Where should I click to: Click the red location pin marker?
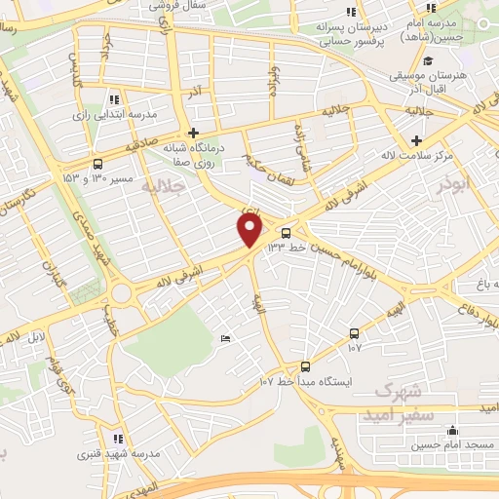tap(250, 230)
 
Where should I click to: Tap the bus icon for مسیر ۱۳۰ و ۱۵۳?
tap(97, 165)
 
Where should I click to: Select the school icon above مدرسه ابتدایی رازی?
tap(114, 99)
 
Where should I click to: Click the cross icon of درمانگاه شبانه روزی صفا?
tap(194, 133)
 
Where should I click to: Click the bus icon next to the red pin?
tap(286, 233)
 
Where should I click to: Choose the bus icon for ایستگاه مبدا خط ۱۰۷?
tap(305, 366)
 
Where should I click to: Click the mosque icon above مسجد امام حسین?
tap(451, 431)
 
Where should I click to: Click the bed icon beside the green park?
tap(226, 338)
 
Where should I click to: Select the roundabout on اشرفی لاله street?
tap(121, 293)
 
